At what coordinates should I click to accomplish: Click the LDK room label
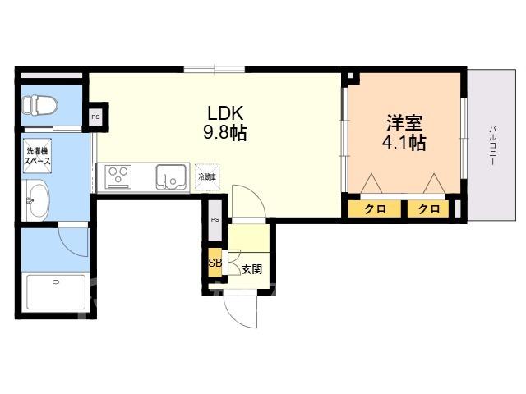[x=225, y=113]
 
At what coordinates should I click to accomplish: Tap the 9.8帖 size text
[x=225, y=132]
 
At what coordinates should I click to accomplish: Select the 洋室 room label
[x=404, y=123]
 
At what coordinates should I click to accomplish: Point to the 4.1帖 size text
[x=404, y=143]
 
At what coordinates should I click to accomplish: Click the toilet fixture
[x=40, y=106]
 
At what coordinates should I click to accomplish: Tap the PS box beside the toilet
[x=96, y=117]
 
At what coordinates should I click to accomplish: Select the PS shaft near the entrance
[x=215, y=220]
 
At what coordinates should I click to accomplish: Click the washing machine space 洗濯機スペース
[x=37, y=156]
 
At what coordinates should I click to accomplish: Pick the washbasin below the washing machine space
[x=36, y=200]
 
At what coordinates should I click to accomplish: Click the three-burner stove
[x=118, y=177]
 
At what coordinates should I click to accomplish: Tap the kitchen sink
[x=171, y=177]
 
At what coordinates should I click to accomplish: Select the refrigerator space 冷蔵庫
[x=207, y=177]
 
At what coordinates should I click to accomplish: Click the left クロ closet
[x=375, y=208]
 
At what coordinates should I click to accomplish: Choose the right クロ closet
[x=428, y=208]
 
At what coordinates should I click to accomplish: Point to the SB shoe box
[x=215, y=263]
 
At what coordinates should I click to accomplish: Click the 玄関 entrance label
[x=251, y=269]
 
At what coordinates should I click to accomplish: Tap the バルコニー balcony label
[x=493, y=145]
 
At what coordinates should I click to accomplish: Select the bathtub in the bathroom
[x=56, y=292]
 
